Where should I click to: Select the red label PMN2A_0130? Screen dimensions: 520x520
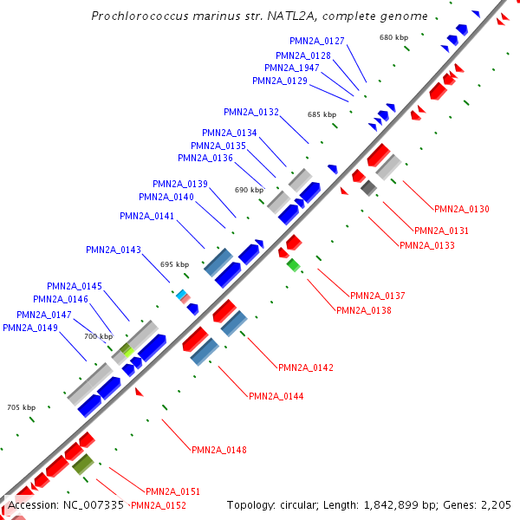(462, 209)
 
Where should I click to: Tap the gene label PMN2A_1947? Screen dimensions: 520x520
(291, 68)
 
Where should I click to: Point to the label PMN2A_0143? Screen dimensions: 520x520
(113, 250)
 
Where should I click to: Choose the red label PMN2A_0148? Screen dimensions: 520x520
(219, 450)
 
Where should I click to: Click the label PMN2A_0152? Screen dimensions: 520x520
(158, 505)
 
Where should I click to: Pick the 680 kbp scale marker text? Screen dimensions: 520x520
(393, 37)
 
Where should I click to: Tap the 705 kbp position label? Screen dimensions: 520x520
(22, 406)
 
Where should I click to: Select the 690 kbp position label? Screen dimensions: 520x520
(249, 190)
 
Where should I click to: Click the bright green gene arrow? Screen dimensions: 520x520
(294, 264)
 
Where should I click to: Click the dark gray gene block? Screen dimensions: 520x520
(369, 188)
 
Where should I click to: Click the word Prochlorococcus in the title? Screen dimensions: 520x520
(135, 16)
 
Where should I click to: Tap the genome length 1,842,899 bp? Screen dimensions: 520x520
(406, 504)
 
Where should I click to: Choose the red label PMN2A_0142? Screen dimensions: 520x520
(306, 367)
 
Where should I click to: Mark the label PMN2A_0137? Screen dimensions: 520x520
(377, 296)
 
